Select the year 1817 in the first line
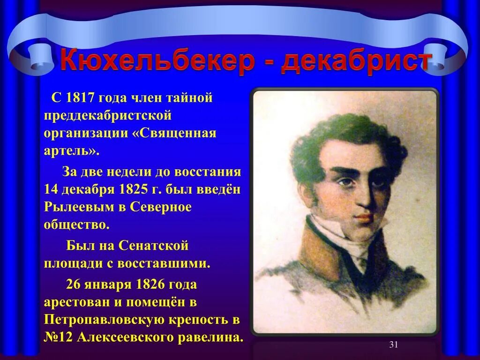[x=81, y=98]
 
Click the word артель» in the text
[x=72, y=150]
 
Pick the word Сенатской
[x=154, y=245]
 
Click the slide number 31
[x=393, y=345]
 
